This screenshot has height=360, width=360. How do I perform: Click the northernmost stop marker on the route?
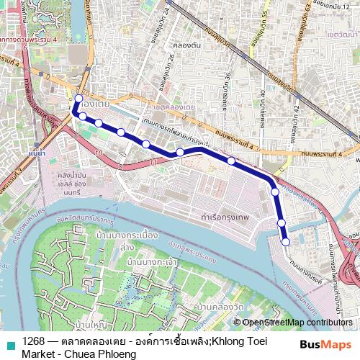[x=78, y=99]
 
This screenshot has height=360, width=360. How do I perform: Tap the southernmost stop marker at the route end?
[x=286, y=242]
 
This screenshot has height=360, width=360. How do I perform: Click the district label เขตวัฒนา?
[x=342, y=34]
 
